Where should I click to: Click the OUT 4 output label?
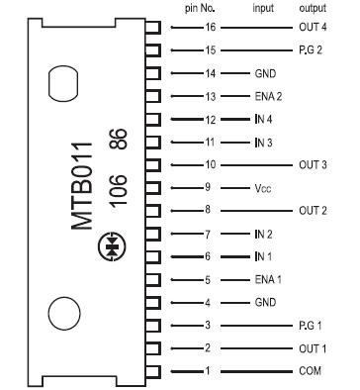coord(312,28)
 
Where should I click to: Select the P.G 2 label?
coord(312,50)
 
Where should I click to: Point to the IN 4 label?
coord(262,119)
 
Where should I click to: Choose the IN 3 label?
coord(262,142)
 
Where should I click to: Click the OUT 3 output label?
coord(312,164)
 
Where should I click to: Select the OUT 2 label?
coord(312,210)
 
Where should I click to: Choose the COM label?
coord(311,370)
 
